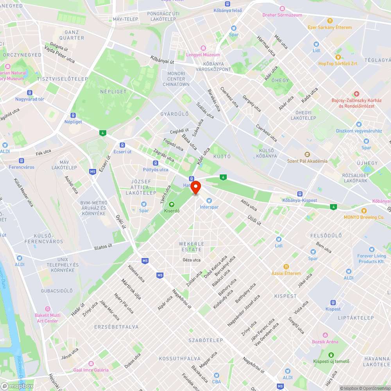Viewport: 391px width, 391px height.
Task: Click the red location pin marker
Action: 195,187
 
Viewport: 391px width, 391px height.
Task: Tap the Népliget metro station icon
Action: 73,115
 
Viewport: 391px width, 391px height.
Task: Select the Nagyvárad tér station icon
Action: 30,93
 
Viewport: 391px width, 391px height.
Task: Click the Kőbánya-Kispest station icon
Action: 300,194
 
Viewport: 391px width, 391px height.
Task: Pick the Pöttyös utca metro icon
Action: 156,163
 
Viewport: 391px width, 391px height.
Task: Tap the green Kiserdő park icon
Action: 171,204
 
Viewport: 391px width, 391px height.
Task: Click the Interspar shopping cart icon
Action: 209,201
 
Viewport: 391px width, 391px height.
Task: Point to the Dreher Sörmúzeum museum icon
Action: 282,9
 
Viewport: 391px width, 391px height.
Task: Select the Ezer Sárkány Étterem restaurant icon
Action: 330,21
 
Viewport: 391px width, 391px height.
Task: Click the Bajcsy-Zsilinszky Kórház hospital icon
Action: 356,94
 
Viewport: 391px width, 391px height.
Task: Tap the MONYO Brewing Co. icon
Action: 364,211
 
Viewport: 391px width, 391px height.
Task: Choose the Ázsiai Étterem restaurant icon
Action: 287,267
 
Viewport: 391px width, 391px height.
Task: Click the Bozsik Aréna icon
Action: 325,335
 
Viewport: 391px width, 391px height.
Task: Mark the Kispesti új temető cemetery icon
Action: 331,355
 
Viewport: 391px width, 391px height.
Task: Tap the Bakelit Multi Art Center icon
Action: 47,309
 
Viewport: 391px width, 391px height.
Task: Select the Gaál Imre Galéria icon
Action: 91,363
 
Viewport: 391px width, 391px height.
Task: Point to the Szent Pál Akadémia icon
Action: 307,155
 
